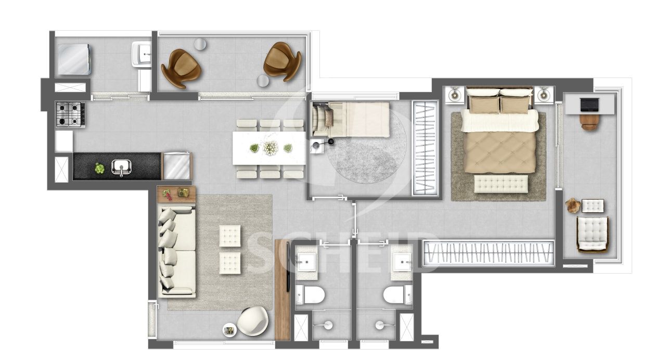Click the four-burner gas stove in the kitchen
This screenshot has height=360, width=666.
(70, 114)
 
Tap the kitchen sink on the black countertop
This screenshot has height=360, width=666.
(121, 168)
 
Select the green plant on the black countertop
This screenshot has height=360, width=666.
(99, 168)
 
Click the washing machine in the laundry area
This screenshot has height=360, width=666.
(74, 59)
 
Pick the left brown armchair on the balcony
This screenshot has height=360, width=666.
(181, 68)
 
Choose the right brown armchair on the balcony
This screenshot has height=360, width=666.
(283, 61)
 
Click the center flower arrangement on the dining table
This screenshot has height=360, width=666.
(270, 148)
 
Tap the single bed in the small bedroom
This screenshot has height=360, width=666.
(350, 120)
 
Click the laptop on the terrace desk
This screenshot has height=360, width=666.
(590, 105)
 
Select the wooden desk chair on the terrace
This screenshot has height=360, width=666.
(590, 122)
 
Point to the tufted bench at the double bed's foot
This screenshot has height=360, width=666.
(501, 184)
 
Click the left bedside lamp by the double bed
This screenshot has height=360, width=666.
(454, 95)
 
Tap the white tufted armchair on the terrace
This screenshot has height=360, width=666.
(592, 234)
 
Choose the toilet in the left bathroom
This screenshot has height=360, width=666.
(310, 295)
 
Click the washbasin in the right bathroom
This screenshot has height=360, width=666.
(402, 262)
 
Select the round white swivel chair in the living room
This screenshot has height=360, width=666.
(253, 321)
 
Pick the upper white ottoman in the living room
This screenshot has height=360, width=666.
(230, 236)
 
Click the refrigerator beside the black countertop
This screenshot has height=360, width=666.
(177, 166)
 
